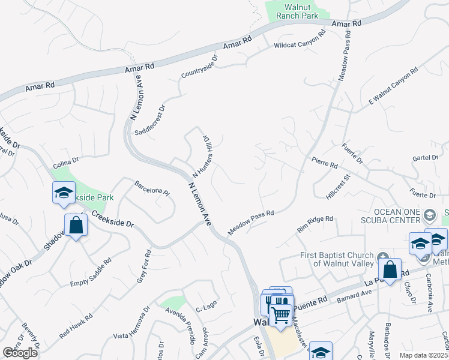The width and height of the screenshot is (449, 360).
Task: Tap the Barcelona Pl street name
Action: (152, 187)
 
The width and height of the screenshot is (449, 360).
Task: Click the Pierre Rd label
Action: (325, 163)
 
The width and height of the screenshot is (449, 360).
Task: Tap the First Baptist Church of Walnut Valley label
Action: (337, 260)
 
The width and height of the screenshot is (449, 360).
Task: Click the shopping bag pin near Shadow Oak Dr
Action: (76, 226)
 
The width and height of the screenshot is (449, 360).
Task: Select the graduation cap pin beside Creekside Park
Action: (64, 194)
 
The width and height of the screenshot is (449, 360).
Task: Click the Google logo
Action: (20, 353)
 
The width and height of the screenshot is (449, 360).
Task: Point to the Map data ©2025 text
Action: (423, 355)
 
